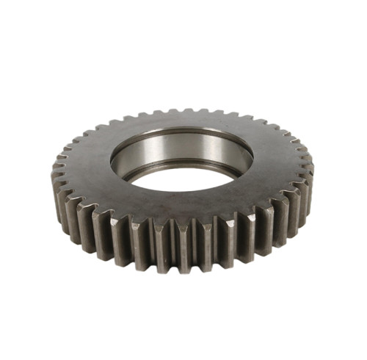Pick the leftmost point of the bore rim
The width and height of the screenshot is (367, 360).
click(x=110, y=162)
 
